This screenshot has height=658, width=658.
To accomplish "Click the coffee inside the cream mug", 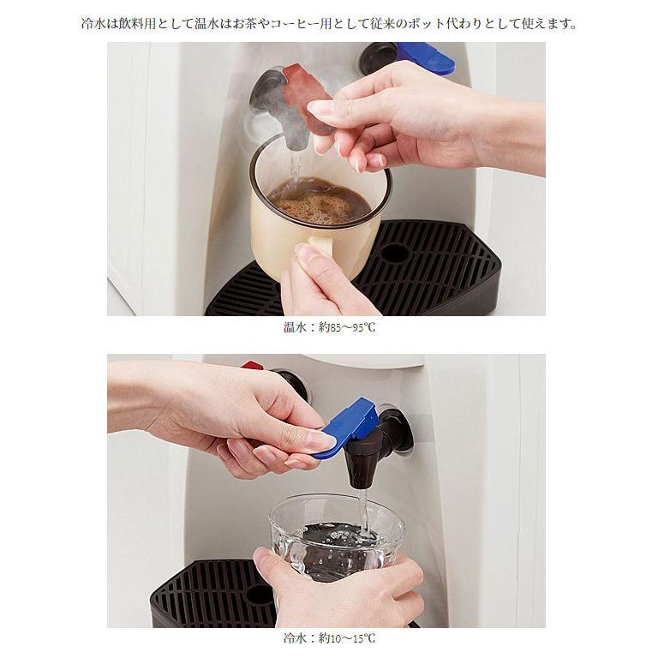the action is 320,200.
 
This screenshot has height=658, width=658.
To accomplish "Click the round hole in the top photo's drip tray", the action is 394,253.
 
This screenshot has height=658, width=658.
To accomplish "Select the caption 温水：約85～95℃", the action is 329,327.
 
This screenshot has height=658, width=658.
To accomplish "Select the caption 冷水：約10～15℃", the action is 329,638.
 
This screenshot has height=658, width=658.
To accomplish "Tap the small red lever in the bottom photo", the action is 252,365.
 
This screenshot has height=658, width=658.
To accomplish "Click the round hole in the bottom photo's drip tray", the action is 260,595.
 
